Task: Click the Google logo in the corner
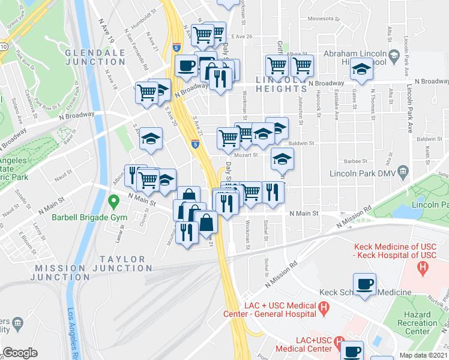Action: coord(20,353)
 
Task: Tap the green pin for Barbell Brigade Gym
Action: coord(111,200)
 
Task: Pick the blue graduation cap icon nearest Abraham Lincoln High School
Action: coord(361,71)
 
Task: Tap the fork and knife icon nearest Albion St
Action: coord(135,175)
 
